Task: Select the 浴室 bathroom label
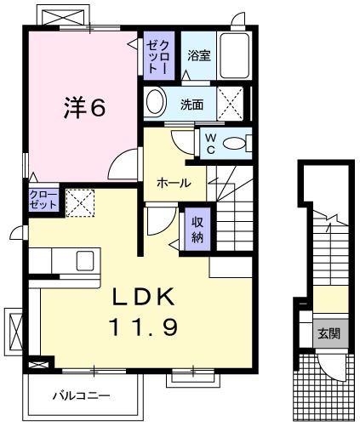199,56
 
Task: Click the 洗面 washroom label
191,105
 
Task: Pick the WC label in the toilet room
209,144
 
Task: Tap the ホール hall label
174,183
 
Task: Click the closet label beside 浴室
157,56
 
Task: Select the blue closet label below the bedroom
42,201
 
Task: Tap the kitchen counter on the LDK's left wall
59,258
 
